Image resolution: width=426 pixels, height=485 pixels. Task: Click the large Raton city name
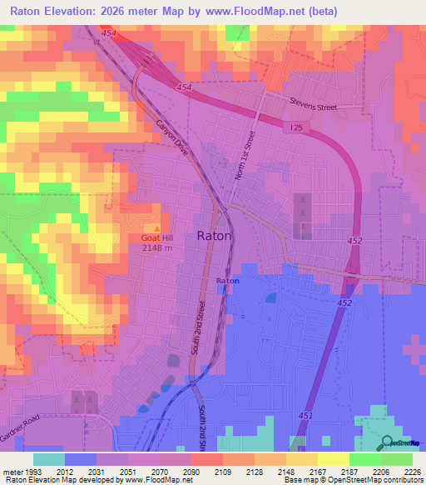point(215,236)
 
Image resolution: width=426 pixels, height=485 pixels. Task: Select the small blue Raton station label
point(228,282)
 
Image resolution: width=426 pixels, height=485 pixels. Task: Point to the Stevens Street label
point(313,106)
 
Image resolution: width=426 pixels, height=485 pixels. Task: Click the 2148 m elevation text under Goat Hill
point(156,247)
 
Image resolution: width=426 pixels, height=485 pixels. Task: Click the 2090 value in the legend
point(191,471)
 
